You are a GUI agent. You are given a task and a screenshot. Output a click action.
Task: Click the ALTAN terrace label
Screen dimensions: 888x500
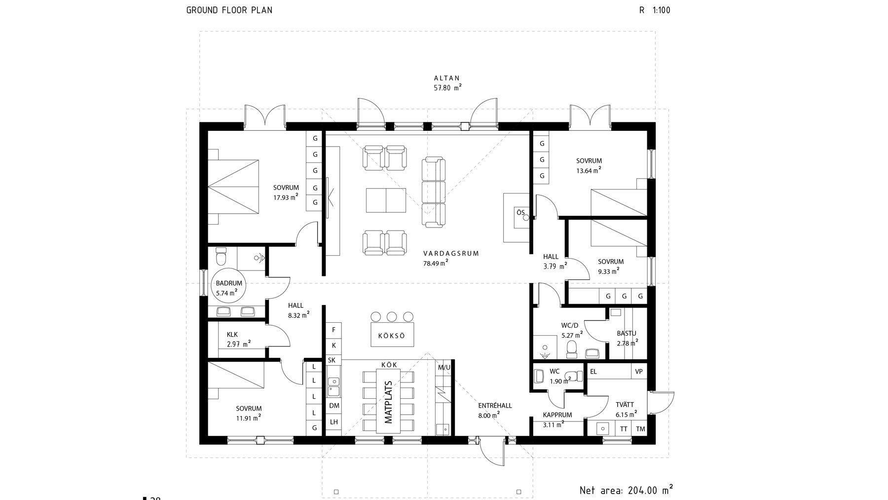[446, 78]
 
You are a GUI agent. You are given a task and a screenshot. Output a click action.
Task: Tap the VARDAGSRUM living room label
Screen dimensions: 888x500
[451, 253]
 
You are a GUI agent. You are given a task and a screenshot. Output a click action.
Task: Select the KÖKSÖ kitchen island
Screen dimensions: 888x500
[392, 335]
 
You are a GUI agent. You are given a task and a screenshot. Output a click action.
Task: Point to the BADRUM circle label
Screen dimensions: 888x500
[229, 283]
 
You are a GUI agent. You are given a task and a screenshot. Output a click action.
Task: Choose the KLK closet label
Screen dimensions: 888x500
[232, 335]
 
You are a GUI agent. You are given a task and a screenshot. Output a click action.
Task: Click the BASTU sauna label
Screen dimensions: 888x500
[627, 333]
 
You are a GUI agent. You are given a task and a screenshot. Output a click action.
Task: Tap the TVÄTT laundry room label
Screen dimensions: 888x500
[625, 404]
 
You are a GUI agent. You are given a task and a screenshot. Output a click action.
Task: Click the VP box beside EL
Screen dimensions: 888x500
[639, 371]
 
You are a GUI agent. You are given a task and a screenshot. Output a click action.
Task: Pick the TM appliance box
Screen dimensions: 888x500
[640, 428]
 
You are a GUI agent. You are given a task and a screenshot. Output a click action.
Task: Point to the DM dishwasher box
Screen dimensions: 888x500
[334, 406]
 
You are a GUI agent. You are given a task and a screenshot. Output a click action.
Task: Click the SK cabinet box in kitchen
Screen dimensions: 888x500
[332, 360]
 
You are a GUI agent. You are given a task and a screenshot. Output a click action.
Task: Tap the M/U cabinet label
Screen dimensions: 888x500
[444, 367]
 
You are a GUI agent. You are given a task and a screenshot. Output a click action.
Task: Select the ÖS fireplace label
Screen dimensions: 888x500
[520, 212]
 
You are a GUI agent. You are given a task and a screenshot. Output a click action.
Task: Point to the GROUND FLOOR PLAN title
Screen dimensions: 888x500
[229, 10]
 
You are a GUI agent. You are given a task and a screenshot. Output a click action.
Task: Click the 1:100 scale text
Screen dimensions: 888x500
[661, 10]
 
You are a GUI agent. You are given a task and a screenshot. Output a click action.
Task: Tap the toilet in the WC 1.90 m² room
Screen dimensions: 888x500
[573, 376]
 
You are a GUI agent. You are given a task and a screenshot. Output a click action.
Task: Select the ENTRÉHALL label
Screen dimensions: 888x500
[495, 406]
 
